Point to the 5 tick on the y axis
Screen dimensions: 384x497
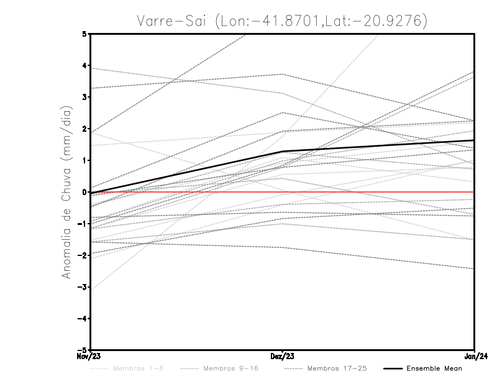84,34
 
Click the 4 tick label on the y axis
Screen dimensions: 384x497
84,65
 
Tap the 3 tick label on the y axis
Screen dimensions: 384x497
84,97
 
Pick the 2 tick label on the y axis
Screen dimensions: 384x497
84,129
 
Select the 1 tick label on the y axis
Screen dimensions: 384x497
84,160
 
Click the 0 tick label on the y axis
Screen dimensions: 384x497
84,192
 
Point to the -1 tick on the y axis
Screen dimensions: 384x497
83,224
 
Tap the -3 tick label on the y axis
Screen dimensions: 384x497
83,287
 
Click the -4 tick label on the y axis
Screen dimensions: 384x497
83,319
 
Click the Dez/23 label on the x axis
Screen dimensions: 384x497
282,356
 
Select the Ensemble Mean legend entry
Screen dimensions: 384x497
434,368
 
